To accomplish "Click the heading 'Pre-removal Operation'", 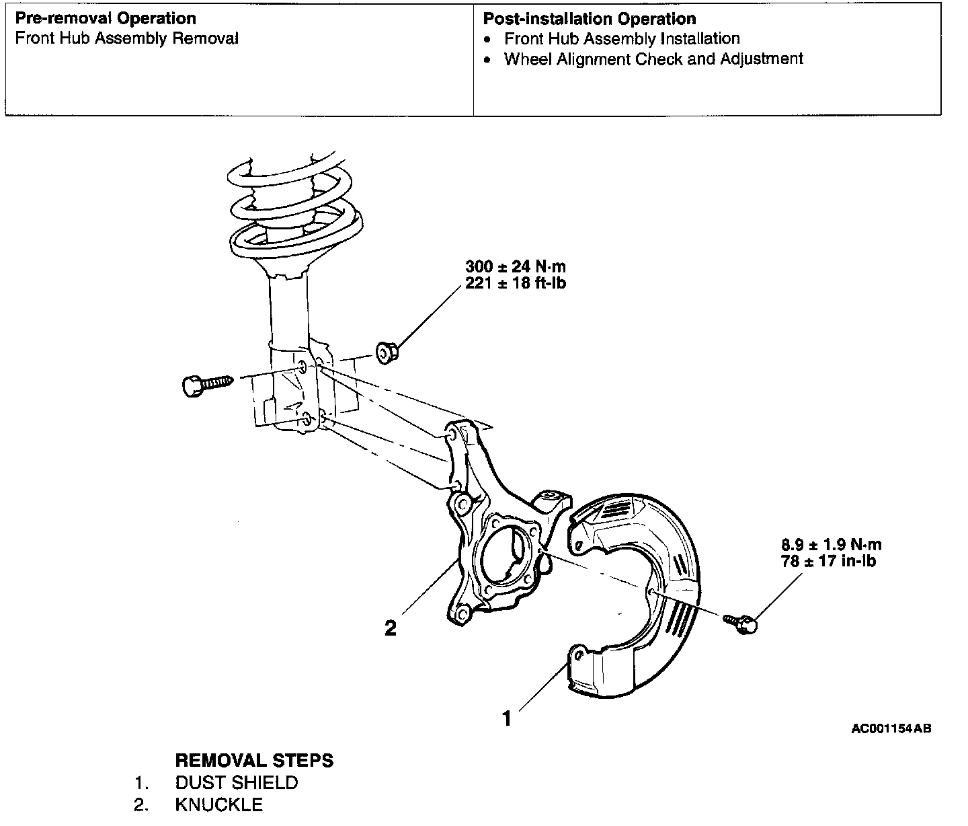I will tap(106, 19).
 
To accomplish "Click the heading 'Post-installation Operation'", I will tap(590, 19).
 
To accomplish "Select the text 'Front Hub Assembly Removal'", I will tap(126, 39).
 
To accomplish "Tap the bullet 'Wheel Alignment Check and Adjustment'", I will tap(653, 59).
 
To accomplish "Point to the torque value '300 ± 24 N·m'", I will tap(516, 266).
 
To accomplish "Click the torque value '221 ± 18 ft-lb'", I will tap(516, 283).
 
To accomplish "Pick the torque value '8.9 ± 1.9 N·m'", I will tap(831, 545).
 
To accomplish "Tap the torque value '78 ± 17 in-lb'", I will tap(828, 561).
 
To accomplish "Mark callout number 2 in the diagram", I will tap(390, 628).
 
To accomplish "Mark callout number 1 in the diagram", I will tap(507, 718).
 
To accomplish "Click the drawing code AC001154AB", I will tap(891, 728).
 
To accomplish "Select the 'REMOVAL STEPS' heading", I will tap(254, 760).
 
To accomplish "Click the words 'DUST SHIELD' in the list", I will tap(236, 782).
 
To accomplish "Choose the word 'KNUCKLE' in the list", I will tap(218, 804).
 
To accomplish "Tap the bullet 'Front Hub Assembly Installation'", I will tap(622, 39).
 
